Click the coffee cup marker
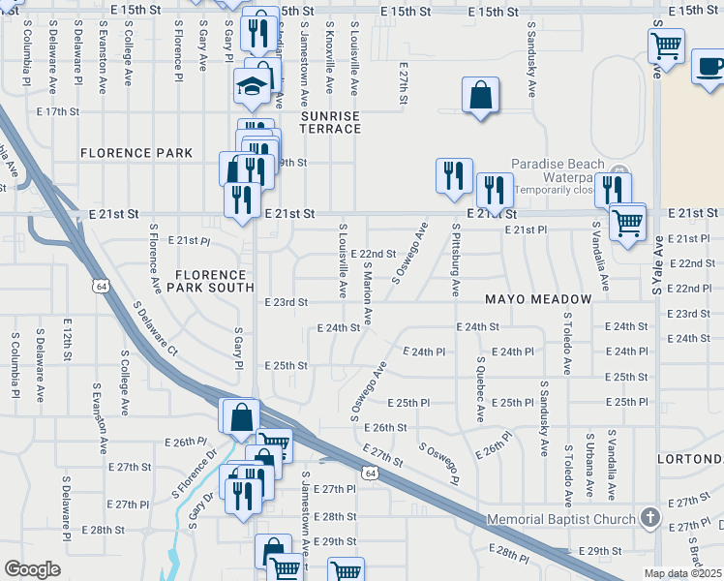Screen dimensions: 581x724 coord(709,68)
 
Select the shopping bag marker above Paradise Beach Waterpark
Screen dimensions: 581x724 coord(480,96)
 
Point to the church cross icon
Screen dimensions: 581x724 coord(649,518)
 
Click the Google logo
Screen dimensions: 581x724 coord(32,569)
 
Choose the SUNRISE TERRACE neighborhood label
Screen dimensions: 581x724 coord(330,122)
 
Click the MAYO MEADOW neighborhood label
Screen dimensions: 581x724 coord(537,299)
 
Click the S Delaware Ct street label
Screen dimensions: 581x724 coord(157,330)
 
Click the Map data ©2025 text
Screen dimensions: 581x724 coord(682,573)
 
